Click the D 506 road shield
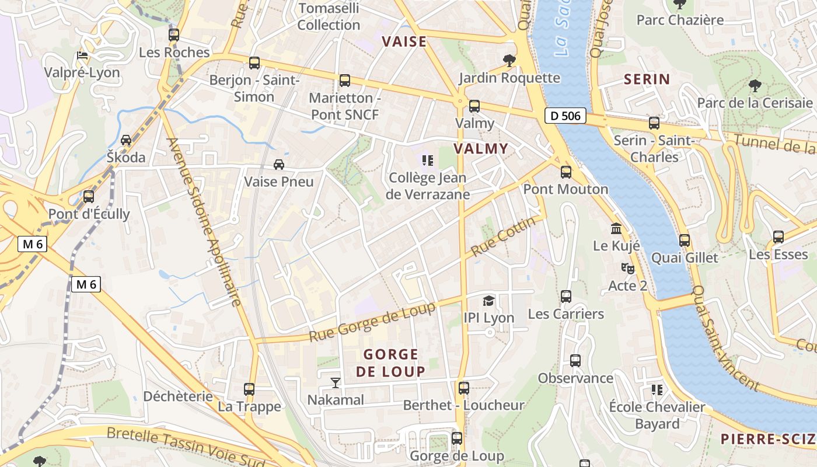pyautogui.click(x=565, y=116)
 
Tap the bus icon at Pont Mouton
pyautogui.click(x=565, y=172)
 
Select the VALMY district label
pyautogui.click(x=481, y=148)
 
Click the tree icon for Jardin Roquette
pyautogui.click(x=509, y=60)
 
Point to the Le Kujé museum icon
pyautogui.click(x=616, y=228)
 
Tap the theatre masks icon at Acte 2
pyautogui.click(x=627, y=269)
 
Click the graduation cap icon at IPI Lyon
pyautogui.click(x=488, y=301)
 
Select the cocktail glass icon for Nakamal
pyautogui.click(x=336, y=383)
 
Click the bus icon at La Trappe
pyautogui.click(x=249, y=389)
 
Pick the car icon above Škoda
pyautogui.click(x=126, y=140)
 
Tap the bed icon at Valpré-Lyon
pyautogui.click(x=83, y=55)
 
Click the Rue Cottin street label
pyautogui.click(x=503, y=236)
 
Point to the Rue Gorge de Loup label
pyautogui.click(x=372, y=322)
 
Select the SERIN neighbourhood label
pyautogui.click(x=647, y=79)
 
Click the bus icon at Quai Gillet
pyautogui.click(x=685, y=240)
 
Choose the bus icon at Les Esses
pyautogui.click(x=778, y=237)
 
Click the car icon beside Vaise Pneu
pyautogui.click(x=279, y=165)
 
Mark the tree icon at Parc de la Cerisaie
pyautogui.click(x=755, y=86)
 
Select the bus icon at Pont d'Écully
pyautogui.click(x=89, y=197)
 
